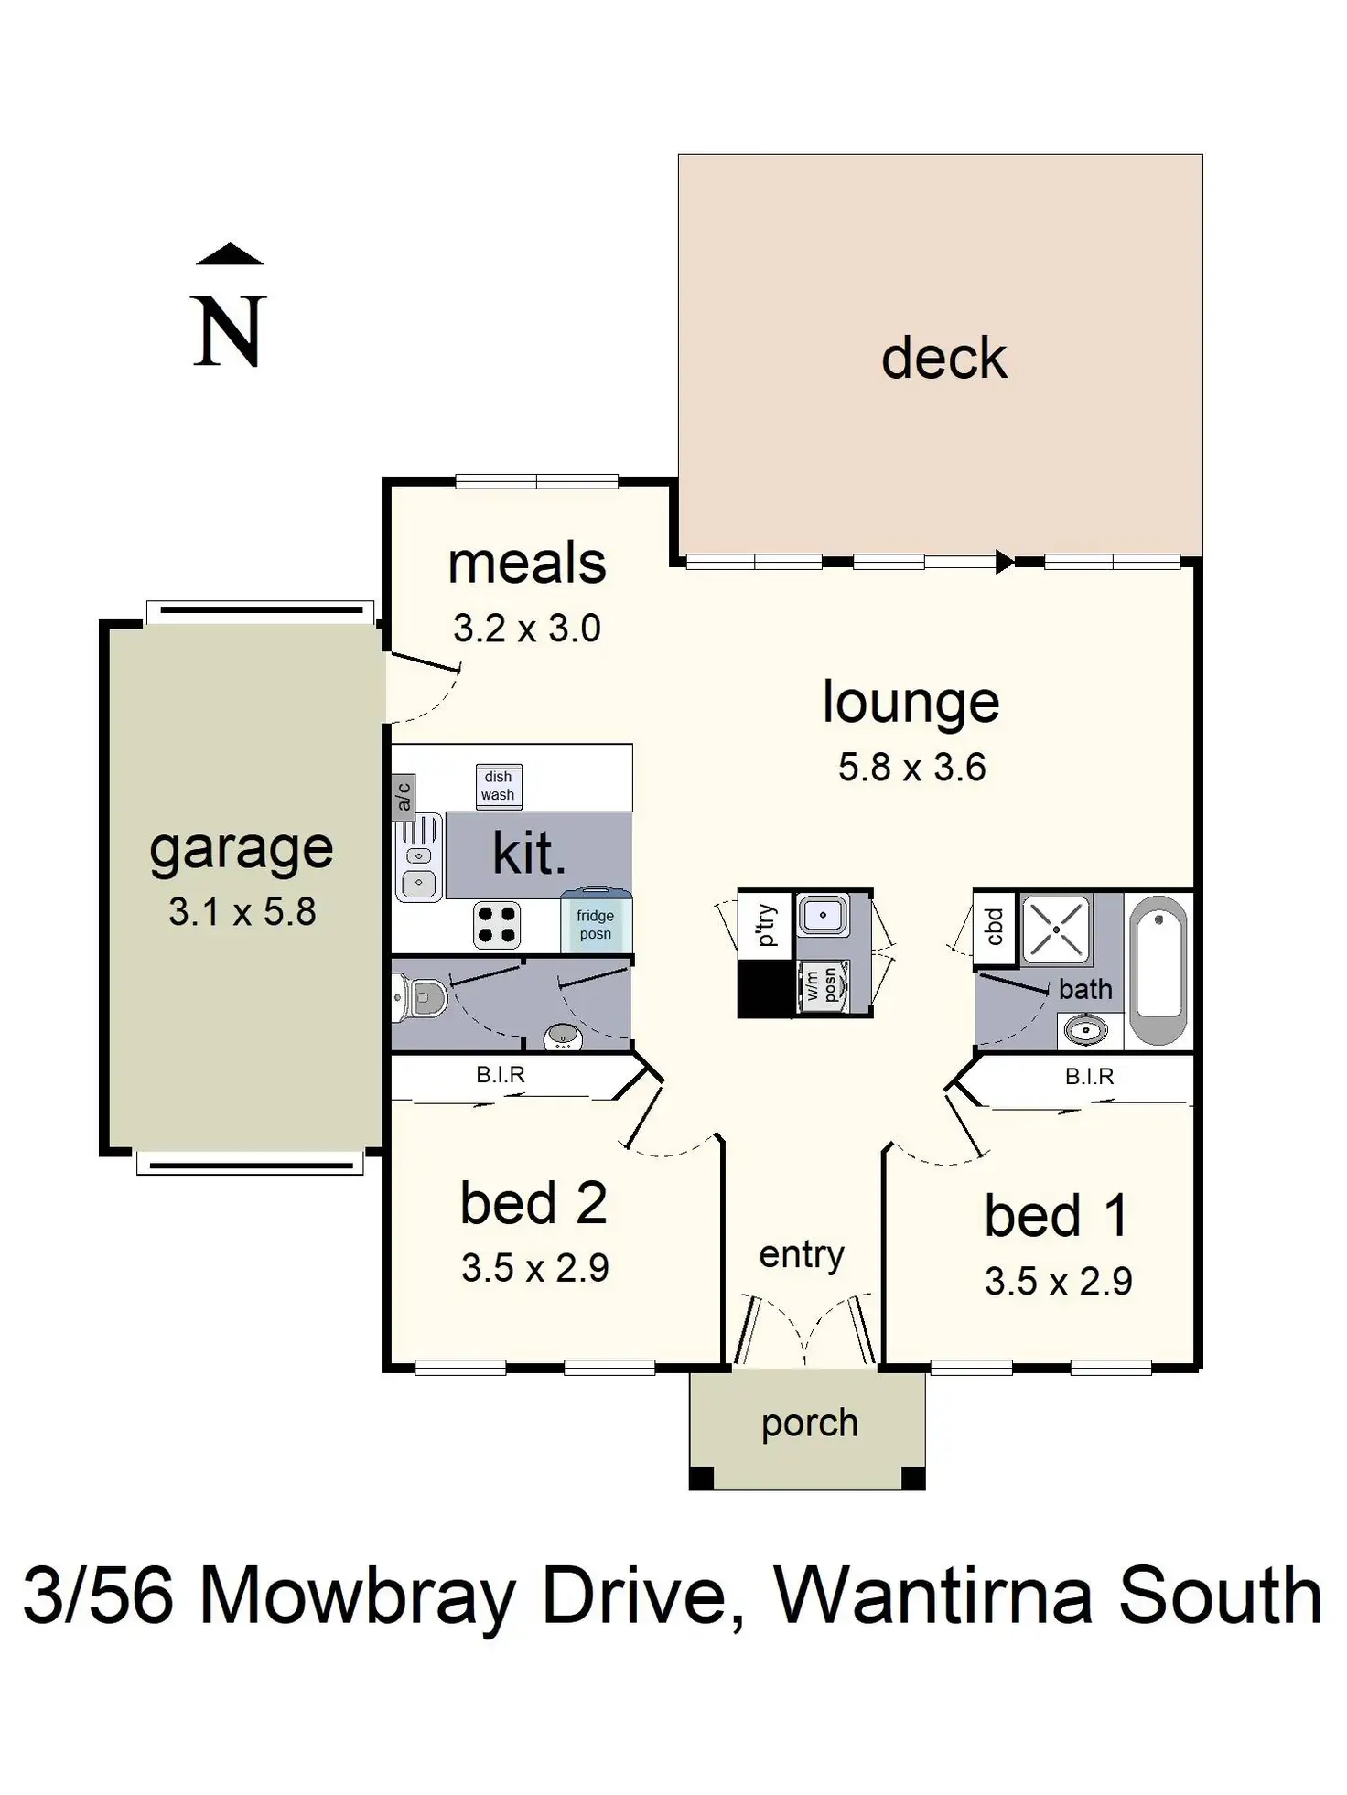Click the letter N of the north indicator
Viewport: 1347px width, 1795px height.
tap(230, 331)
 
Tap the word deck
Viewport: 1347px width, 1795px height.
tap(943, 358)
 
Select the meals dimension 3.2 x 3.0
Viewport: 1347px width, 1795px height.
tap(526, 629)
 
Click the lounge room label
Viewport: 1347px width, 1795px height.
tap(911, 704)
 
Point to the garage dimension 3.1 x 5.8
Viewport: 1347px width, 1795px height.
tap(242, 911)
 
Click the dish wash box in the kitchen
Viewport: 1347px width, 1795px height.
tap(499, 786)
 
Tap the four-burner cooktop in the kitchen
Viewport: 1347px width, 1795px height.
tap(497, 924)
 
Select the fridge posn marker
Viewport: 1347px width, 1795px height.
tap(595, 924)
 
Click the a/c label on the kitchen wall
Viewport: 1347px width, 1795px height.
tap(403, 795)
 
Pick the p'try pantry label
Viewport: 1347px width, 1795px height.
tap(765, 924)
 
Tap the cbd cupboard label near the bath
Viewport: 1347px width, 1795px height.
tap(994, 927)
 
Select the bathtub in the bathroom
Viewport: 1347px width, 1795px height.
tap(1158, 969)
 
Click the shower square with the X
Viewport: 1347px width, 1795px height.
tap(1056, 930)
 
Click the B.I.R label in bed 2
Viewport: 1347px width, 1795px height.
tap(501, 1075)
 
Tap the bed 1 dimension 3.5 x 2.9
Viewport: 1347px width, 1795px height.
tap(1058, 1282)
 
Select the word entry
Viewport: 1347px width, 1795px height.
tap(802, 1254)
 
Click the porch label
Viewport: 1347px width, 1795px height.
tap(809, 1424)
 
